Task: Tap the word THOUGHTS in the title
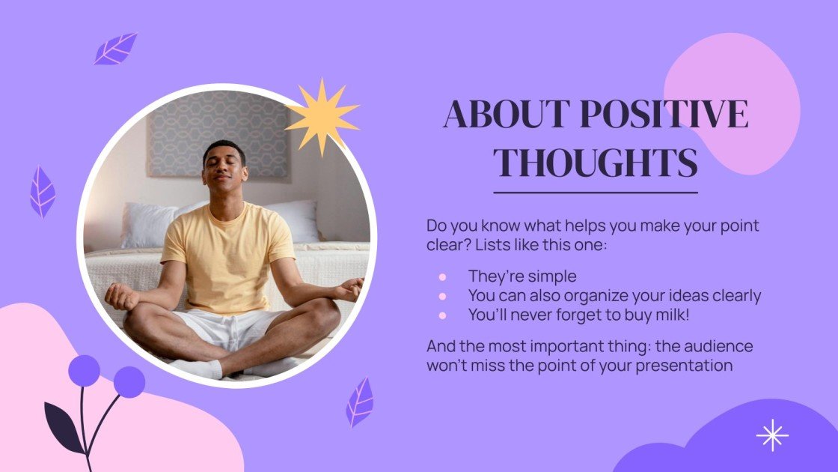[x=596, y=163]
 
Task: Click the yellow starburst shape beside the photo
[x=322, y=117]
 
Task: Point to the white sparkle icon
[x=771, y=435]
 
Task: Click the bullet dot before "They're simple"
[x=442, y=277]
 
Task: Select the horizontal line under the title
[x=596, y=193]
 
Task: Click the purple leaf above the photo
[x=115, y=49]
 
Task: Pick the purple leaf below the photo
[x=360, y=402]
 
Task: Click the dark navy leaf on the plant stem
[x=64, y=428]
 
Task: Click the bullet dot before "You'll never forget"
[x=442, y=315]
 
